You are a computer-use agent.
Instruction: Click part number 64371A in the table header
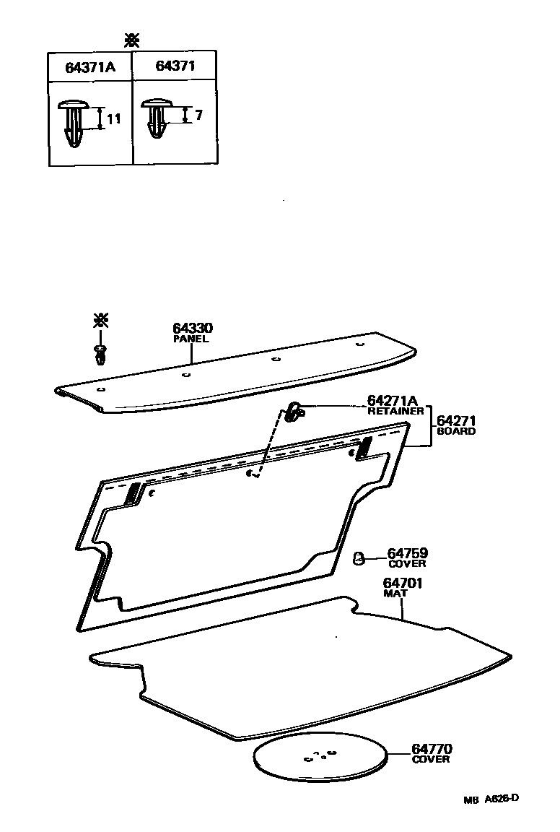pos(89,68)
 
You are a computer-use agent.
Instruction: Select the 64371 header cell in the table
pos(175,66)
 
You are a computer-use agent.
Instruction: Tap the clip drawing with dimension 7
pos(157,117)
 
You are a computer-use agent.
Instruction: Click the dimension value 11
pos(115,120)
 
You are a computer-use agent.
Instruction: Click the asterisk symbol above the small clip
pos(100,321)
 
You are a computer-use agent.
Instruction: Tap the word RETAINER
pos(395,412)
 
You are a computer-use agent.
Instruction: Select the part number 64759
pos(407,553)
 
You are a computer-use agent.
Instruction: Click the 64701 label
pos(402,583)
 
